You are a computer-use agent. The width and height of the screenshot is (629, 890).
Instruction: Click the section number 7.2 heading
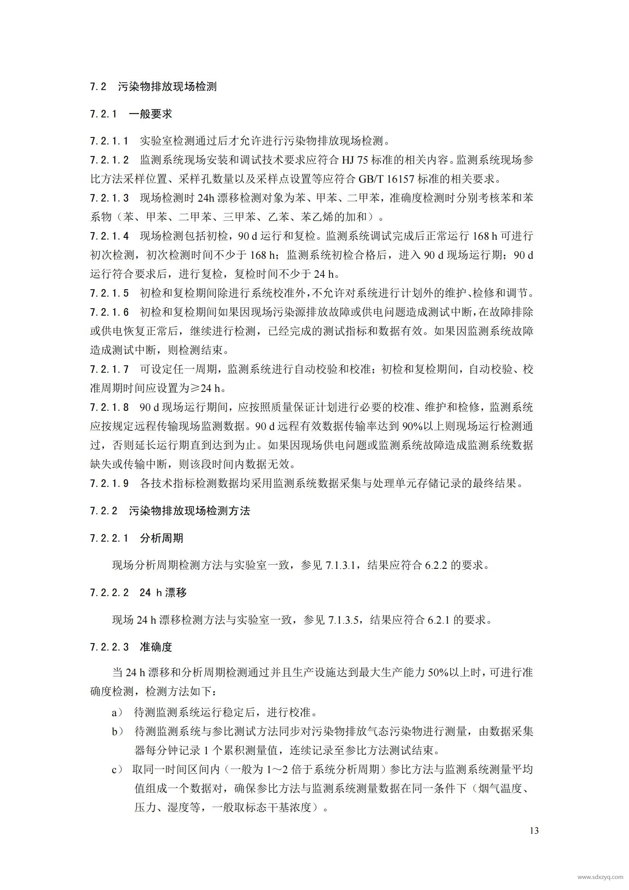tap(98, 86)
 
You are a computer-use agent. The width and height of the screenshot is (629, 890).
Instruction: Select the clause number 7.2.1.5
tap(109, 293)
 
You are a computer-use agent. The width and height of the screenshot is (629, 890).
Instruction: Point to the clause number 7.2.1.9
tap(109, 483)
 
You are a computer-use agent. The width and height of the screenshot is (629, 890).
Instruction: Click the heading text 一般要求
tap(150, 114)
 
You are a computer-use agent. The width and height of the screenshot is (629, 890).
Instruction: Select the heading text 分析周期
tap(162, 538)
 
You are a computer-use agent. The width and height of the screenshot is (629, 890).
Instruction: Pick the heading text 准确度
tap(156, 647)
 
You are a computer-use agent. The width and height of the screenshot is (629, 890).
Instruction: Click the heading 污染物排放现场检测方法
tap(189, 511)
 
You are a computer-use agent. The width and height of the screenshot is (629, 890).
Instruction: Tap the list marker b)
tap(118, 731)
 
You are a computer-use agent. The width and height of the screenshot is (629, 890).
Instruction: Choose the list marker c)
tap(117, 769)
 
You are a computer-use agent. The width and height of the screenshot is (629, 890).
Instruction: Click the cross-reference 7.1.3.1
tap(340, 565)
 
